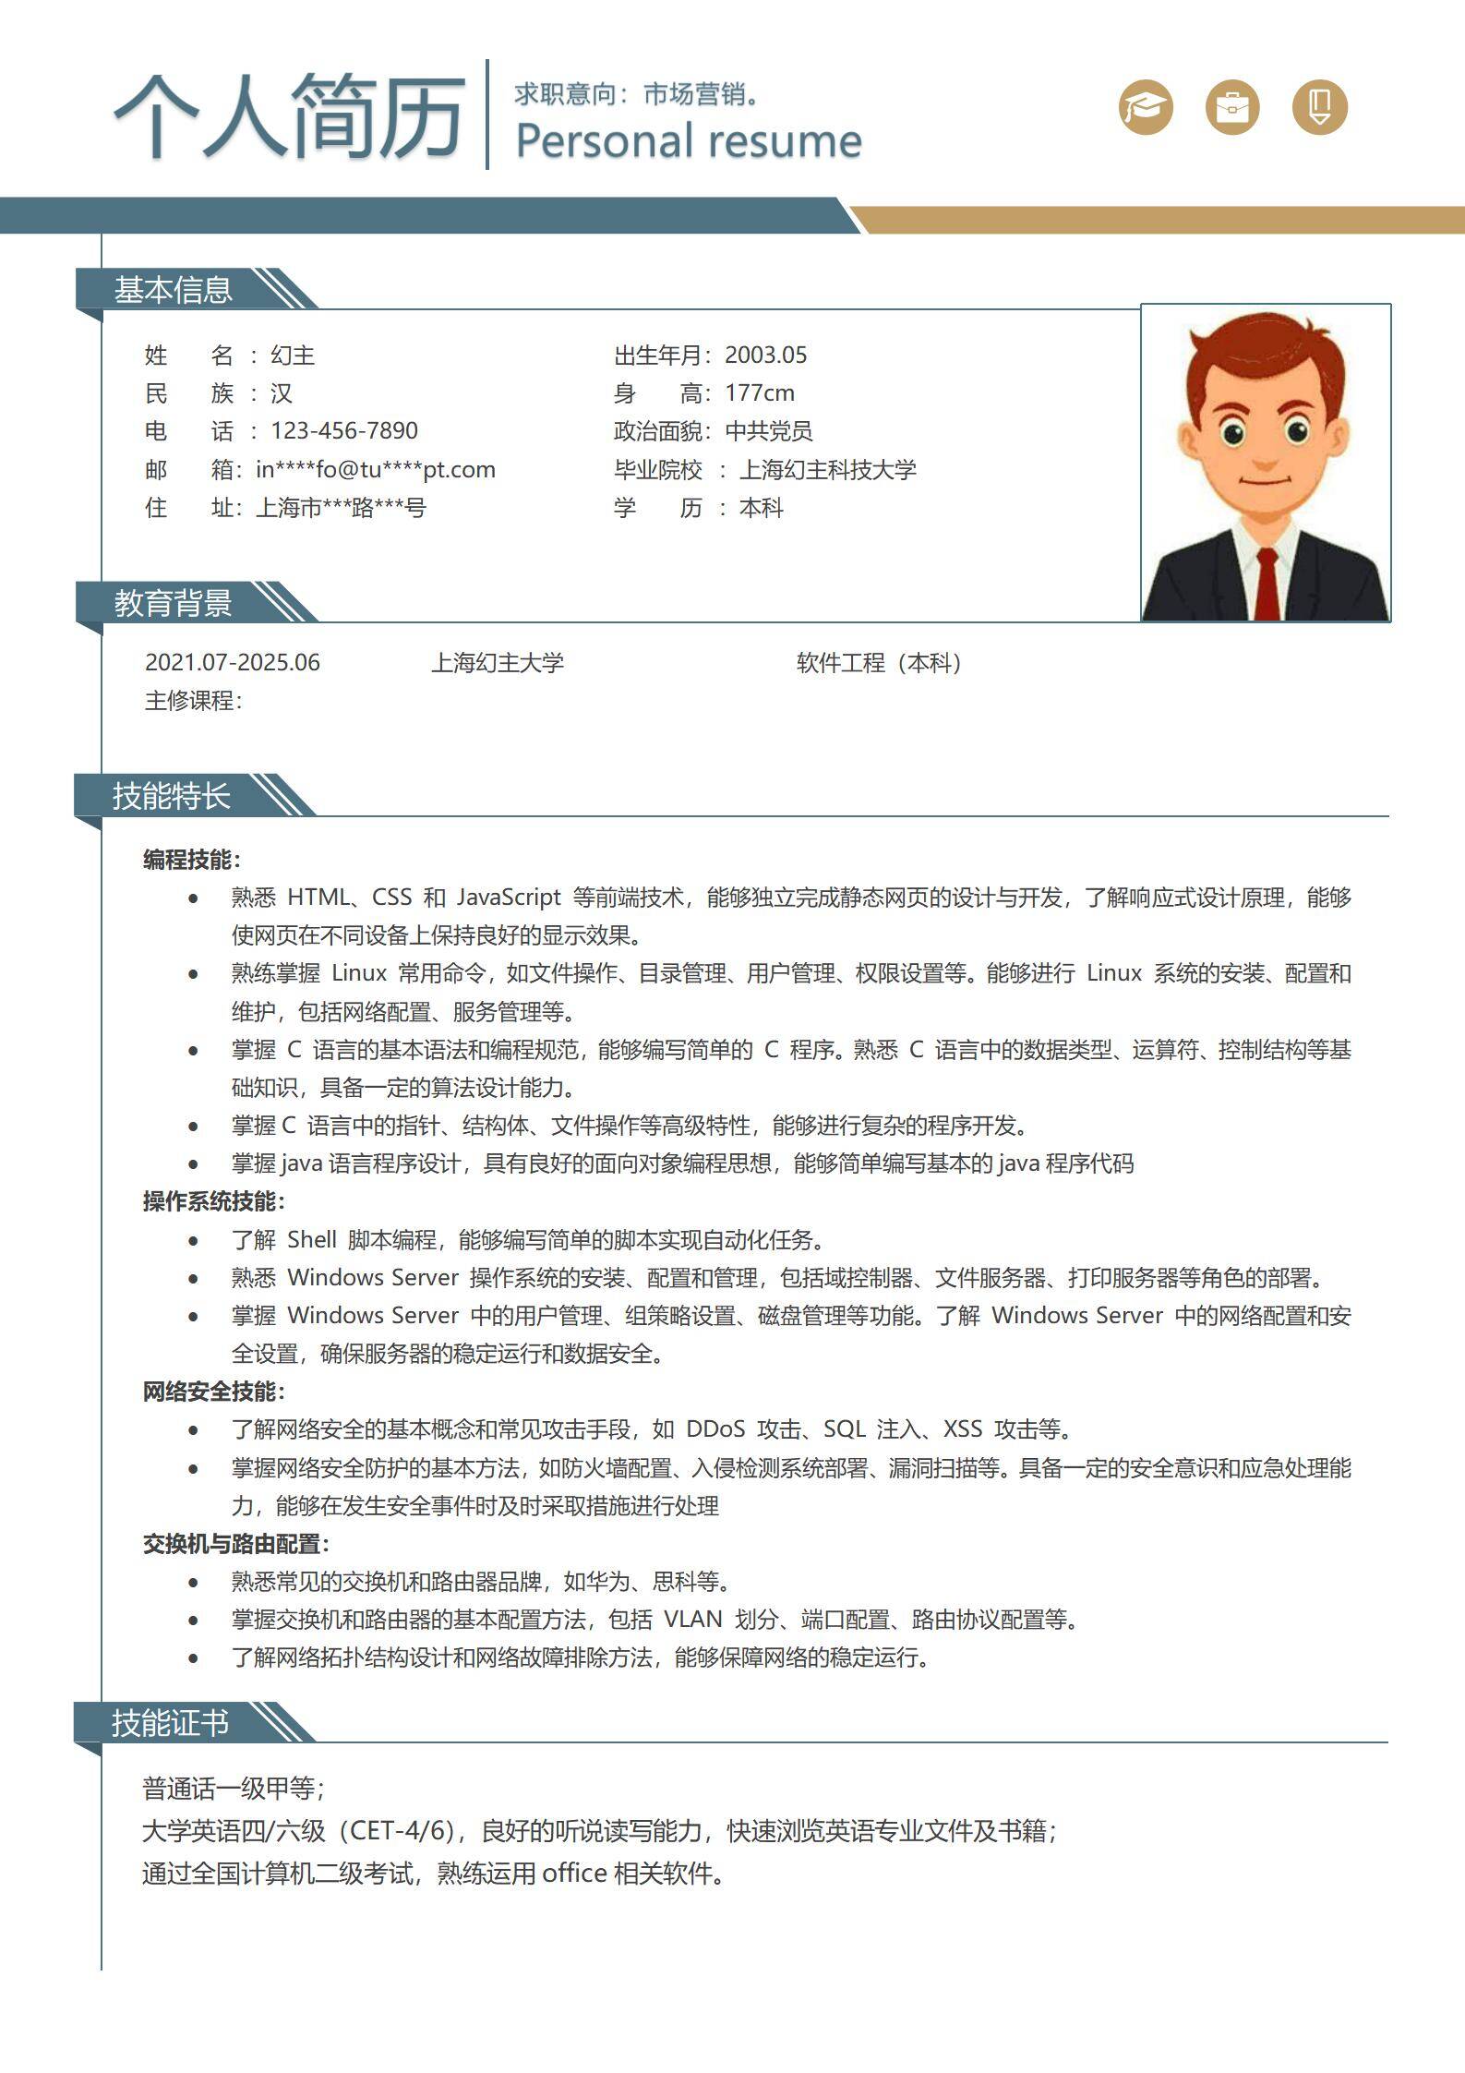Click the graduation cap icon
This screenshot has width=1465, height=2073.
point(1146,107)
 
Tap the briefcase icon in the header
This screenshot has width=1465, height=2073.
point(1232,107)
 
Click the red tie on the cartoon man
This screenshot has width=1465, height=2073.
point(1267,582)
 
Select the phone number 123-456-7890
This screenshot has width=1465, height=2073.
point(343,431)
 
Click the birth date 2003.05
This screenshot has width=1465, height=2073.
point(765,356)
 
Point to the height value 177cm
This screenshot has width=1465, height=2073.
point(759,393)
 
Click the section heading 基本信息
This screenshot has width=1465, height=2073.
point(173,290)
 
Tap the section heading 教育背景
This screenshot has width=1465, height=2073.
point(173,603)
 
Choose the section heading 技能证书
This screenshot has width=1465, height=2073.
point(171,1723)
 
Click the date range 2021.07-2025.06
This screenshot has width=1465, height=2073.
point(232,663)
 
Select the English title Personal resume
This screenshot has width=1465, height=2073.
point(689,141)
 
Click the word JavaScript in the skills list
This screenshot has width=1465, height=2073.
point(509,898)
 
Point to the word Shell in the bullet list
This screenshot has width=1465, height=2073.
point(311,1240)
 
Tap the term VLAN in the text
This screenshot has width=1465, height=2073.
point(692,1620)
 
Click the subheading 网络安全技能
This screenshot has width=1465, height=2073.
point(213,1392)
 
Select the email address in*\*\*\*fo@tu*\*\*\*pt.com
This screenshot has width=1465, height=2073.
point(376,470)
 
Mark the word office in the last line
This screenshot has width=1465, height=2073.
point(574,1874)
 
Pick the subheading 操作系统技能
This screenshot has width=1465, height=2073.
point(213,1201)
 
